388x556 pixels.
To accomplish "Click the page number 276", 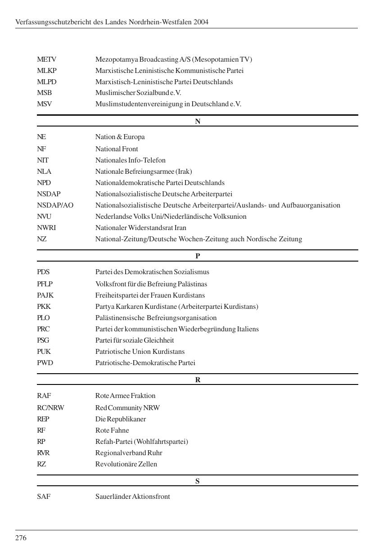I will (x=21, y=538).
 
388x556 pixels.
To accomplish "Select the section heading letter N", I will (x=198, y=121).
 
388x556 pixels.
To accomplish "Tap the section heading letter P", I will (x=198, y=256).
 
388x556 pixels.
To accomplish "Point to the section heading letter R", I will (x=198, y=380).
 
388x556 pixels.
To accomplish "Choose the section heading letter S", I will (x=198, y=481).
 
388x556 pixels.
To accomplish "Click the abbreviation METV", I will (x=46, y=59).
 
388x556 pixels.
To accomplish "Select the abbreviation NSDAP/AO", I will (x=55, y=205).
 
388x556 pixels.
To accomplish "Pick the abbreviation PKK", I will (x=44, y=307).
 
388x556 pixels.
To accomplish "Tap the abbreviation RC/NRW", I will (x=50, y=408).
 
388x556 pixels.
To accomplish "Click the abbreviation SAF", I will (x=44, y=497).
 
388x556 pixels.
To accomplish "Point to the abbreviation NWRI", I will (x=46, y=228).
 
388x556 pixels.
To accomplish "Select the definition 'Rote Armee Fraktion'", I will (x=125, y=396).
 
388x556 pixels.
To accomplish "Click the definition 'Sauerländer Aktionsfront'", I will (x=132, y=497).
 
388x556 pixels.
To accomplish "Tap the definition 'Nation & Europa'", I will (x=120, y=137).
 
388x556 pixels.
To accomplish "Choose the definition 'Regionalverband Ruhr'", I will (x=128, y=453).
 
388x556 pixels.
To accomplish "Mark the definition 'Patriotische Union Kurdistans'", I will (x=140, y=352).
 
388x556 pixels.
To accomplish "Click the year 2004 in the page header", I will (x=201, y=22).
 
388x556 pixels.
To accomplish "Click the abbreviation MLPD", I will (x=47, y=82).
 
